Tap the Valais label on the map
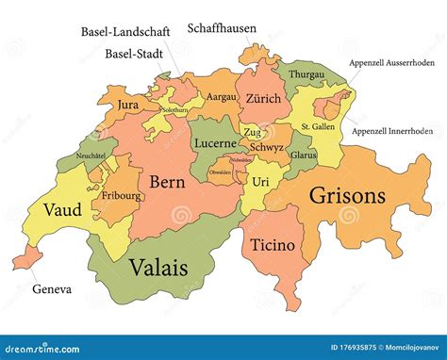click(157, 267)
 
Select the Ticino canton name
click(273, 245)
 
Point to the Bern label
click(165, 181)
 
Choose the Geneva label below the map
click(51, 289)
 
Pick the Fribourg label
click(123, 196)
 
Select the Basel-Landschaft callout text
click(125, 32)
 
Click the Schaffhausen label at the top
click(223, 28)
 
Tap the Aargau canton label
click(222, 97)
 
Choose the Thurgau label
click(306, 73)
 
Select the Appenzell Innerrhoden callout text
click(393, 131)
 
